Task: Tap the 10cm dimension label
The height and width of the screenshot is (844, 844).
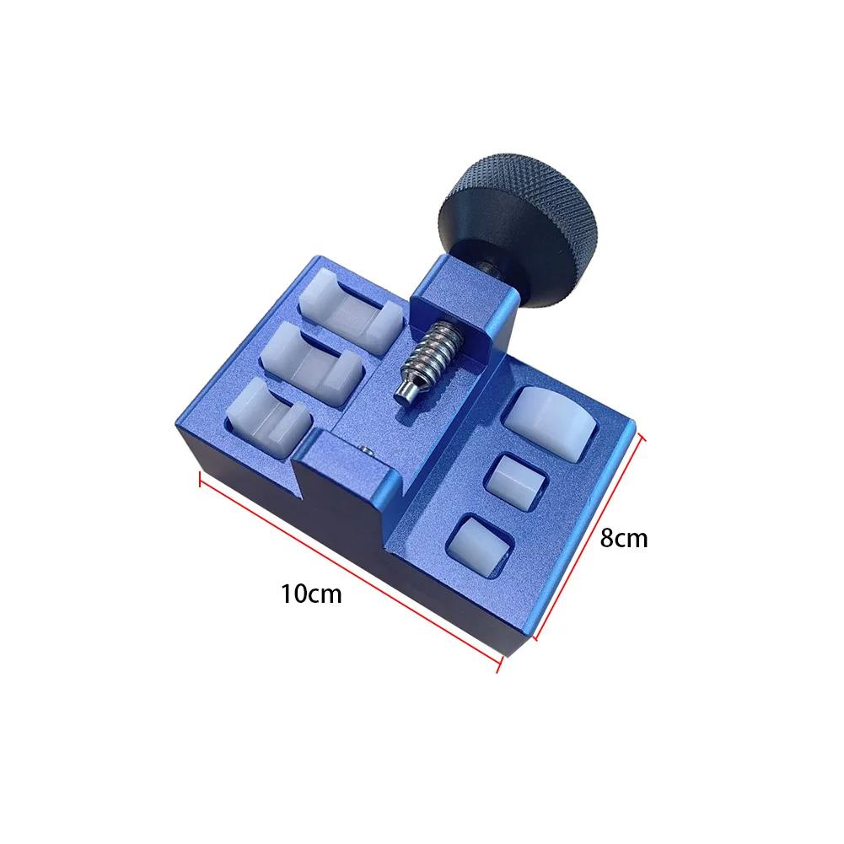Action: (x=311, y=594)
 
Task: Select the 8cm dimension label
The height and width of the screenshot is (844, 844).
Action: (x=624, y=538)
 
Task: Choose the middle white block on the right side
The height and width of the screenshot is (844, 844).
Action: (x=516, y=481)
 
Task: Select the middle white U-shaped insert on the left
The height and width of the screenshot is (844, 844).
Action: (x=312, y=363)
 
